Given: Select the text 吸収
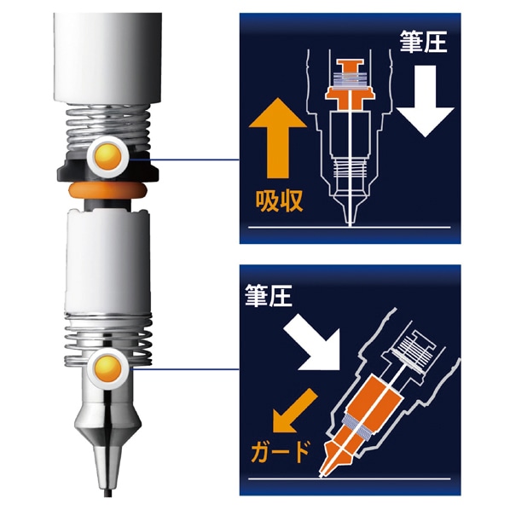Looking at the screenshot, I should pos(276,202).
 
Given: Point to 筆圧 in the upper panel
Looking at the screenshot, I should pos(421,38).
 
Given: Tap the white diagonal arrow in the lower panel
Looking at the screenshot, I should pos(316,341).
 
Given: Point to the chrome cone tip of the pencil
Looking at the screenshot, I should pos(107,426).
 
